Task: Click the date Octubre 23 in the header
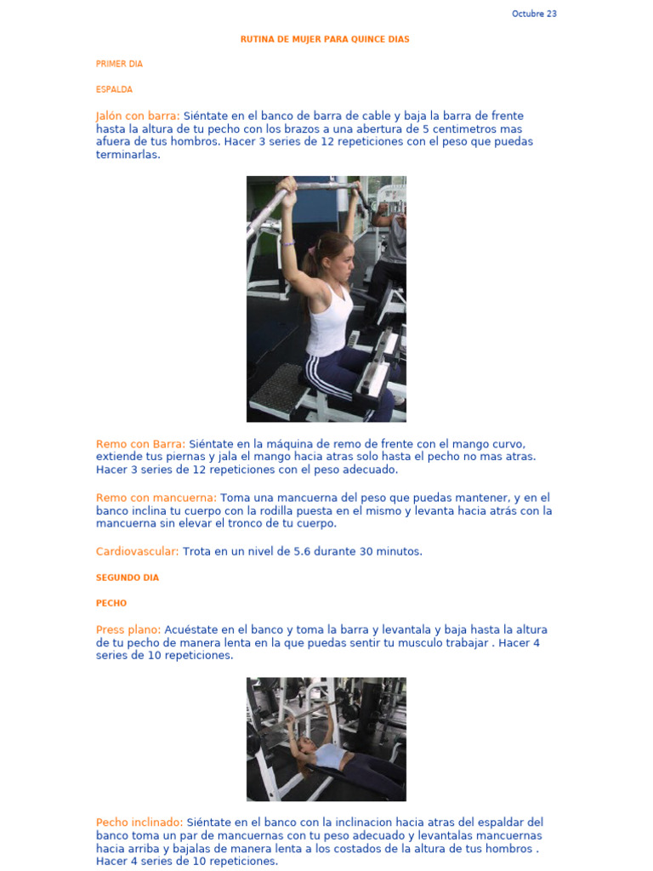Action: point(534,14)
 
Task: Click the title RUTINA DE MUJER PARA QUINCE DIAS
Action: point(325,39)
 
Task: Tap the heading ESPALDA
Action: point(114,89)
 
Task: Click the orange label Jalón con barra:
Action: point(138,116)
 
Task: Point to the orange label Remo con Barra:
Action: point(140,444)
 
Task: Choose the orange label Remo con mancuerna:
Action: point(156,498)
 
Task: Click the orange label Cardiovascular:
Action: point(138,551)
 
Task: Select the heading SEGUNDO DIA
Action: point(128,578)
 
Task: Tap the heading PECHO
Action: point(111,603)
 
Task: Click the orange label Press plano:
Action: point(128,630)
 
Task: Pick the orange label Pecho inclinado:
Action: point(139,823)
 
